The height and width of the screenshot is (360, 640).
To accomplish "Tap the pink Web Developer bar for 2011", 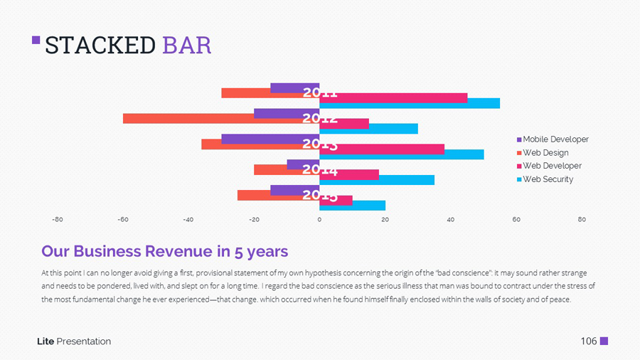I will click(393, 98).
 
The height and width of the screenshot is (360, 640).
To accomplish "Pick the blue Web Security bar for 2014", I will click(377, 180).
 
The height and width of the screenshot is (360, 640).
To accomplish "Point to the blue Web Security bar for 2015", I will click(352, 206).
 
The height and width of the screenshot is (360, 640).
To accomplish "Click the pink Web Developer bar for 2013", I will click(382, 149).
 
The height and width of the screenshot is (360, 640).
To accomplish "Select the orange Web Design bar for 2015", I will click(278, 196).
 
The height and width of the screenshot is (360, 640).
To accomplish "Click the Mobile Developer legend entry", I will click(555, 139).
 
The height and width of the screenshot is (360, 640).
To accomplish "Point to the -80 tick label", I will click(58, 220).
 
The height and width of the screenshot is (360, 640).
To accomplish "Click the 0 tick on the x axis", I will click(319, 220).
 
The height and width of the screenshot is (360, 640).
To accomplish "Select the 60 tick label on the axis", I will click(516, 220).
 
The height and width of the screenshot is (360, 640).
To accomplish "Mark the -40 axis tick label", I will click(188, 220).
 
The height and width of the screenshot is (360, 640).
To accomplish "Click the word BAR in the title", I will click(186, 45).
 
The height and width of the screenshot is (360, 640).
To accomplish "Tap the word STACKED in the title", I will click(100, 45).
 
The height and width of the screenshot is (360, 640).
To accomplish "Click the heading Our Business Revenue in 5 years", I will click(164, 251).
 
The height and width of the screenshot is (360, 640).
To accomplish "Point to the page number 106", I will click(588, 342).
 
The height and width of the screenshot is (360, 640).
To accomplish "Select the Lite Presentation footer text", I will click(74, 342).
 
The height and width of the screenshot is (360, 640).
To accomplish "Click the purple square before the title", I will click(36, 41).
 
